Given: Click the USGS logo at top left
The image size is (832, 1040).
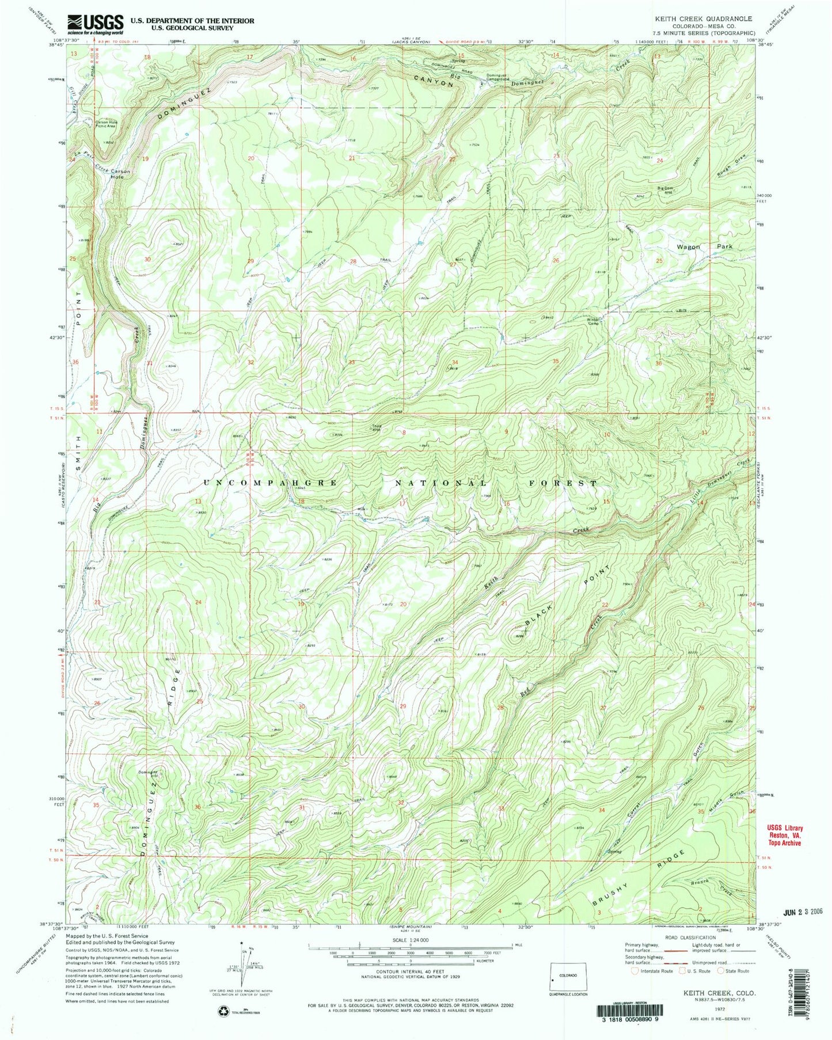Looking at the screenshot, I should (x=96, y=23).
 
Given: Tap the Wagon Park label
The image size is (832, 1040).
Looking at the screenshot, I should (x=701, y=246).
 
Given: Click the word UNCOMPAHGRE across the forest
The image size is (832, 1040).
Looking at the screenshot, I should (x=271, y=482).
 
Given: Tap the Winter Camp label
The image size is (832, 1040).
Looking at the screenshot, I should (x=594, y=321).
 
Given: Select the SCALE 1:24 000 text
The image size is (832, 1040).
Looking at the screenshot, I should (x=411, y=940).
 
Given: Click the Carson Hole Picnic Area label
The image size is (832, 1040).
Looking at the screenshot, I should (x=106, y=124).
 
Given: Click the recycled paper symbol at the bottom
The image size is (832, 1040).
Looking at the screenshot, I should (x=223, y=1009).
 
